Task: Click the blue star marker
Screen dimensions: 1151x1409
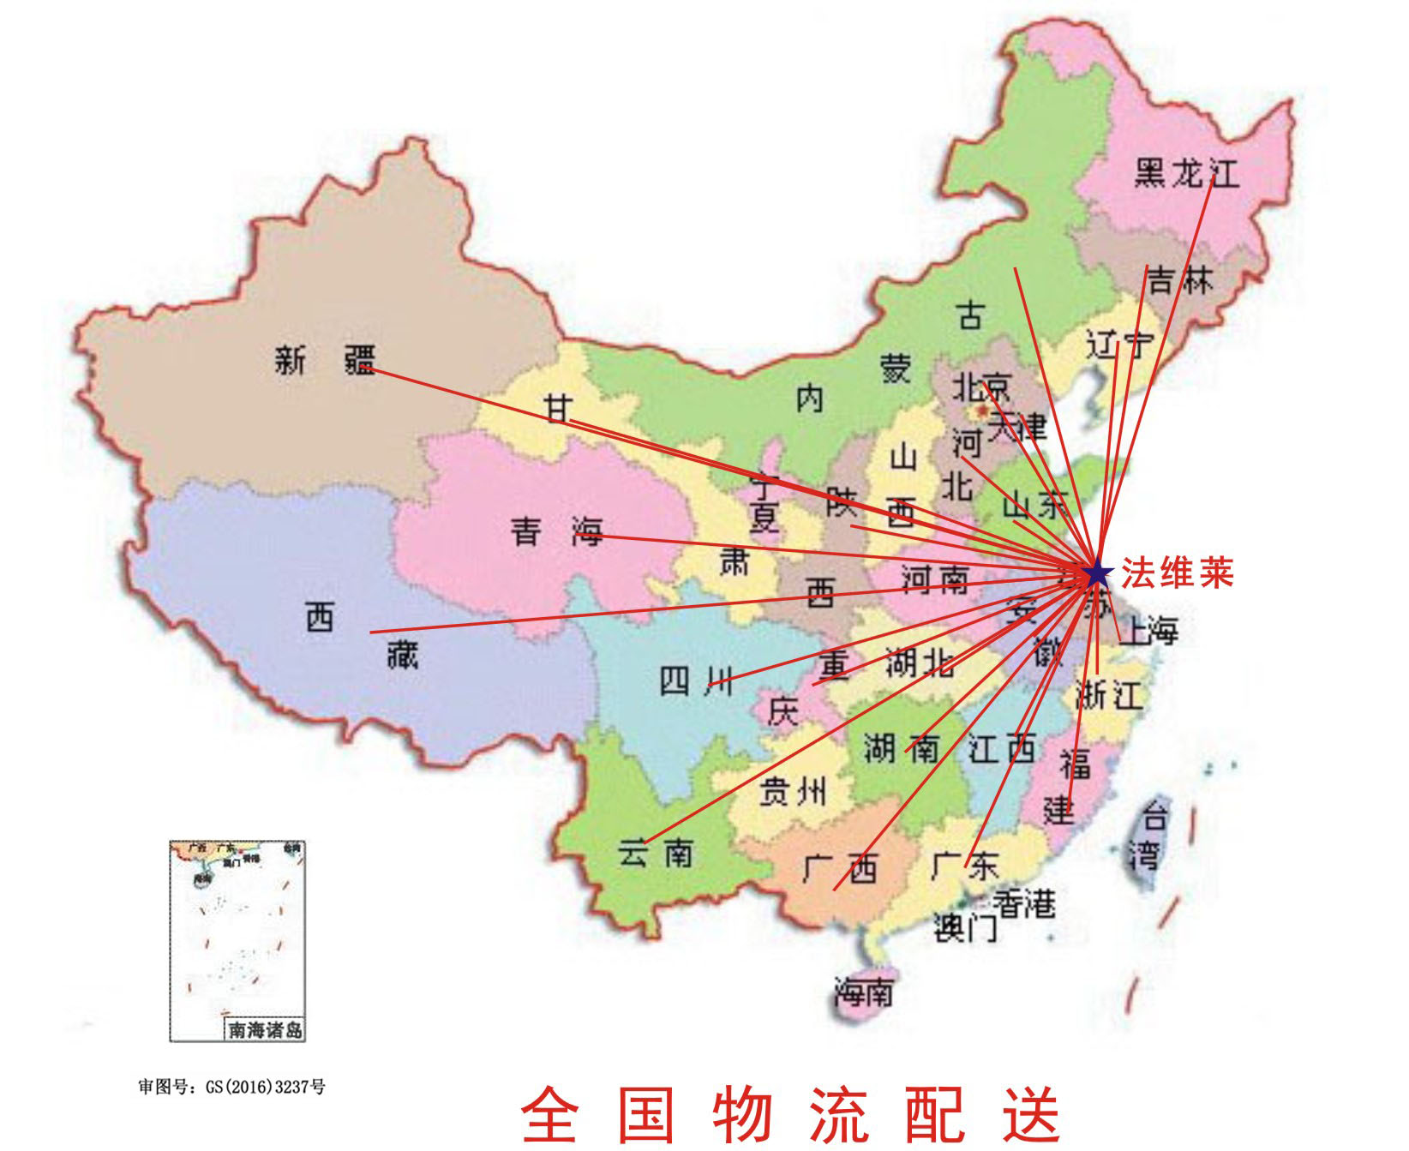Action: pos(1096,573)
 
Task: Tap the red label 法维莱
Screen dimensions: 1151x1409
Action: pos(1178,573)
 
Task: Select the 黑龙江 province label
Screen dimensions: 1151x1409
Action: pos(1186,173)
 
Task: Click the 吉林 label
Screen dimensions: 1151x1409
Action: pos(1180,280)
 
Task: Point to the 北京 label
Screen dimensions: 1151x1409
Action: pos(982,387)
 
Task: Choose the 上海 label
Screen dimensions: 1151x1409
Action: pos(1149,631)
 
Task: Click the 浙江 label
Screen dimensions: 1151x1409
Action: pos(1109,694)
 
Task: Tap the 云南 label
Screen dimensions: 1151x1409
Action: pos(656,854)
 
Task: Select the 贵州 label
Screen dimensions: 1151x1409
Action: pos(793,791)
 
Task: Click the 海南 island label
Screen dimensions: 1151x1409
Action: pos(864,993)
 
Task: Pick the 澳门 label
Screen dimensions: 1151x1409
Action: pos(965,927)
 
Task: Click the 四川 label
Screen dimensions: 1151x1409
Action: pos(695,681)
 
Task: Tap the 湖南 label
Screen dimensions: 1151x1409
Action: pos(902,748)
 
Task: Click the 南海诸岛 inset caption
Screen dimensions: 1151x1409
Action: pos(265,1029)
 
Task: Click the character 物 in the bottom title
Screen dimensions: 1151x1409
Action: pos(743,1114)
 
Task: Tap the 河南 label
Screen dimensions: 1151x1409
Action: pos(935,580)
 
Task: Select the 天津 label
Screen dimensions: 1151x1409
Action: pos(1017,426)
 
